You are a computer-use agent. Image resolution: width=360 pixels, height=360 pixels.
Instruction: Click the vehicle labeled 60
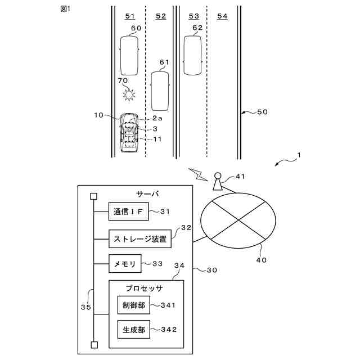129,55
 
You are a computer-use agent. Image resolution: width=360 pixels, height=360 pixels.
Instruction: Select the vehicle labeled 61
160,90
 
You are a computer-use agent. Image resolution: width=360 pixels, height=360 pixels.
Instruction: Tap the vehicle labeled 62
193,55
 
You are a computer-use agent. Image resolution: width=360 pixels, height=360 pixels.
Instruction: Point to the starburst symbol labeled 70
130,94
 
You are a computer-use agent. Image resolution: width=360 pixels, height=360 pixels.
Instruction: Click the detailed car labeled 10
130,133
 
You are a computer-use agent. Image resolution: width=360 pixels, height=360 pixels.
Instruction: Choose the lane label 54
222,16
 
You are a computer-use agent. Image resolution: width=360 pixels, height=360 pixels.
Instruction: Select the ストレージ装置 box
140,238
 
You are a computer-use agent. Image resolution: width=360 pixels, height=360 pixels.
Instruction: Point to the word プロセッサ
144,289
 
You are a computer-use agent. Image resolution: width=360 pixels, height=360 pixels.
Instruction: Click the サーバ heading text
148,194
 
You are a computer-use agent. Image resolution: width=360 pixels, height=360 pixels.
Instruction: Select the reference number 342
168,330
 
